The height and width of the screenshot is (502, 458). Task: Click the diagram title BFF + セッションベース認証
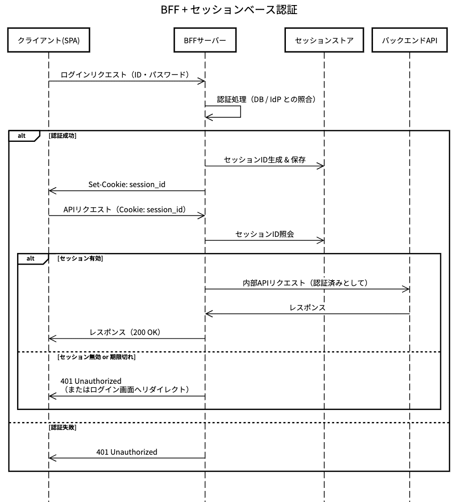tap(228, 10)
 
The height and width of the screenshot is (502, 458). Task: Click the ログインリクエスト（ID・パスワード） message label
tap(124, 75)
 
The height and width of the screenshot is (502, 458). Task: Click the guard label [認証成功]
tap(63, 136)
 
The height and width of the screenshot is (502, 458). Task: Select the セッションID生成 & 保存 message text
tap(265, 160)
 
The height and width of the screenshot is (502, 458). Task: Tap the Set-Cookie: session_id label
tap(127, 185)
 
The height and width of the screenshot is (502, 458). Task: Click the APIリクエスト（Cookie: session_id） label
tap(125, 210)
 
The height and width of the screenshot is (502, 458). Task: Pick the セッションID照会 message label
tap(265, 234)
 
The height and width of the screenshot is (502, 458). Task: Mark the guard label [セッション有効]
tap(81, 259)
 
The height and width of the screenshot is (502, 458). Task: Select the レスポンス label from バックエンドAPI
tap(308, 308)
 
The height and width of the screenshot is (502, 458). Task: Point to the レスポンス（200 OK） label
tap(125, 332)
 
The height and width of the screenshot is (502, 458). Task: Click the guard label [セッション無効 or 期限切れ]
tap(97, 357)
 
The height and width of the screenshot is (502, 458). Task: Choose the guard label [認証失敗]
tap(63, 428)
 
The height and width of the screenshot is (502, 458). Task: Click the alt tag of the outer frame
tap(22, 136)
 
